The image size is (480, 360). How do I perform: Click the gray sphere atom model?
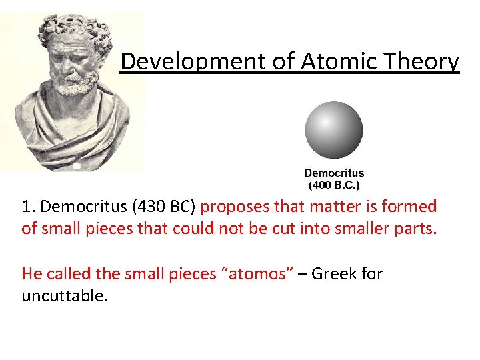(333, 130)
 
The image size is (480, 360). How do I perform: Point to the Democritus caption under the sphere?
(334, 173)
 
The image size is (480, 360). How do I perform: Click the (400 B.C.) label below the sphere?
(334, 184)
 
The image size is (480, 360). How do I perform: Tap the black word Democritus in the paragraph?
(84, 207)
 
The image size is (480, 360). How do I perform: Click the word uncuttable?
(64, 295)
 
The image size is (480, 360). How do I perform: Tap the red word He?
(31, 273)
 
